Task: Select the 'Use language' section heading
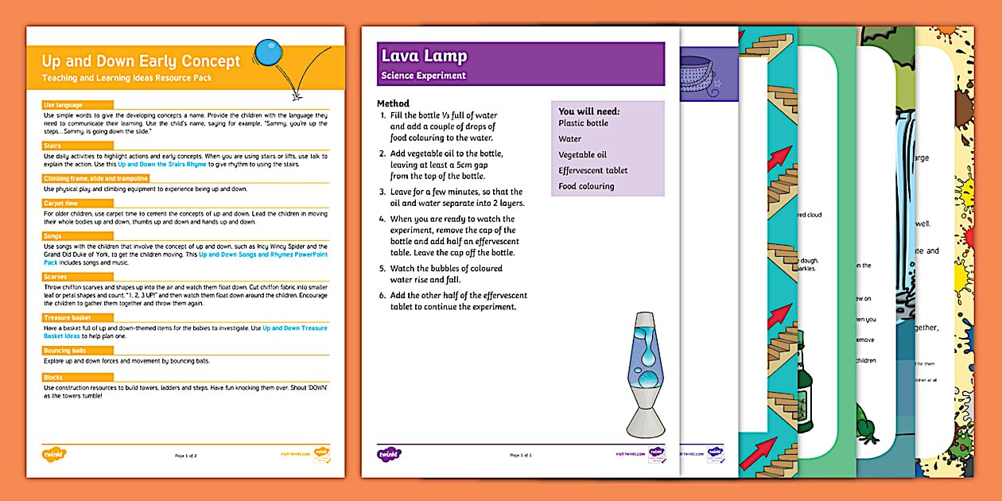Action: [63, 105]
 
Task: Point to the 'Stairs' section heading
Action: [54, 146]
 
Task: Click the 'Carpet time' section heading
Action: [60, 203]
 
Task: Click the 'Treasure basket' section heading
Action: [67, 317]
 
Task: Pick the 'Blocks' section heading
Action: [54, 377]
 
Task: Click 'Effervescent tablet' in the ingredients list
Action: [592, 170]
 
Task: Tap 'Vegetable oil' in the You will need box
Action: [582, 155]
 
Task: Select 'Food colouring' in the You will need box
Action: [586, 186]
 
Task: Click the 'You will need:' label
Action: [588, 111]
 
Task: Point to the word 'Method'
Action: [393, 103]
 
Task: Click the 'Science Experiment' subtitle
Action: [423, 76]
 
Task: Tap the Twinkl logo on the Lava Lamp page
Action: [390, 455]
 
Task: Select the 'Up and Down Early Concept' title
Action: [141, 61]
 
